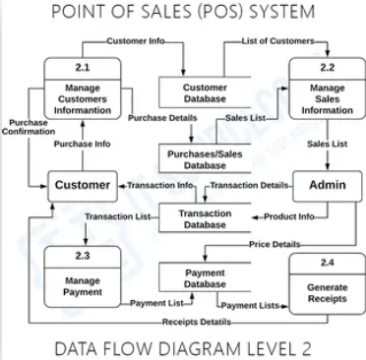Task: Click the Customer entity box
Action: (82, 185)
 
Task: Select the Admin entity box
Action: (327, 185)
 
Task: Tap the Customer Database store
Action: (205, 93)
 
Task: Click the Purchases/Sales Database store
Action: (205, 159)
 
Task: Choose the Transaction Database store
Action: (205, 218)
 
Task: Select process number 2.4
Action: (327, 263)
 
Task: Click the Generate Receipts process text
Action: (327, 292)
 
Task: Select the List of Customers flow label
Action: (278, 41)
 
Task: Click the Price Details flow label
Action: (274, 243)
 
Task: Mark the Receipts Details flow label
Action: (197, 322)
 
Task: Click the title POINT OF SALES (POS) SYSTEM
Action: (183, 13)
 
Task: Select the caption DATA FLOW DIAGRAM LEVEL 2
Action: (183, 346)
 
